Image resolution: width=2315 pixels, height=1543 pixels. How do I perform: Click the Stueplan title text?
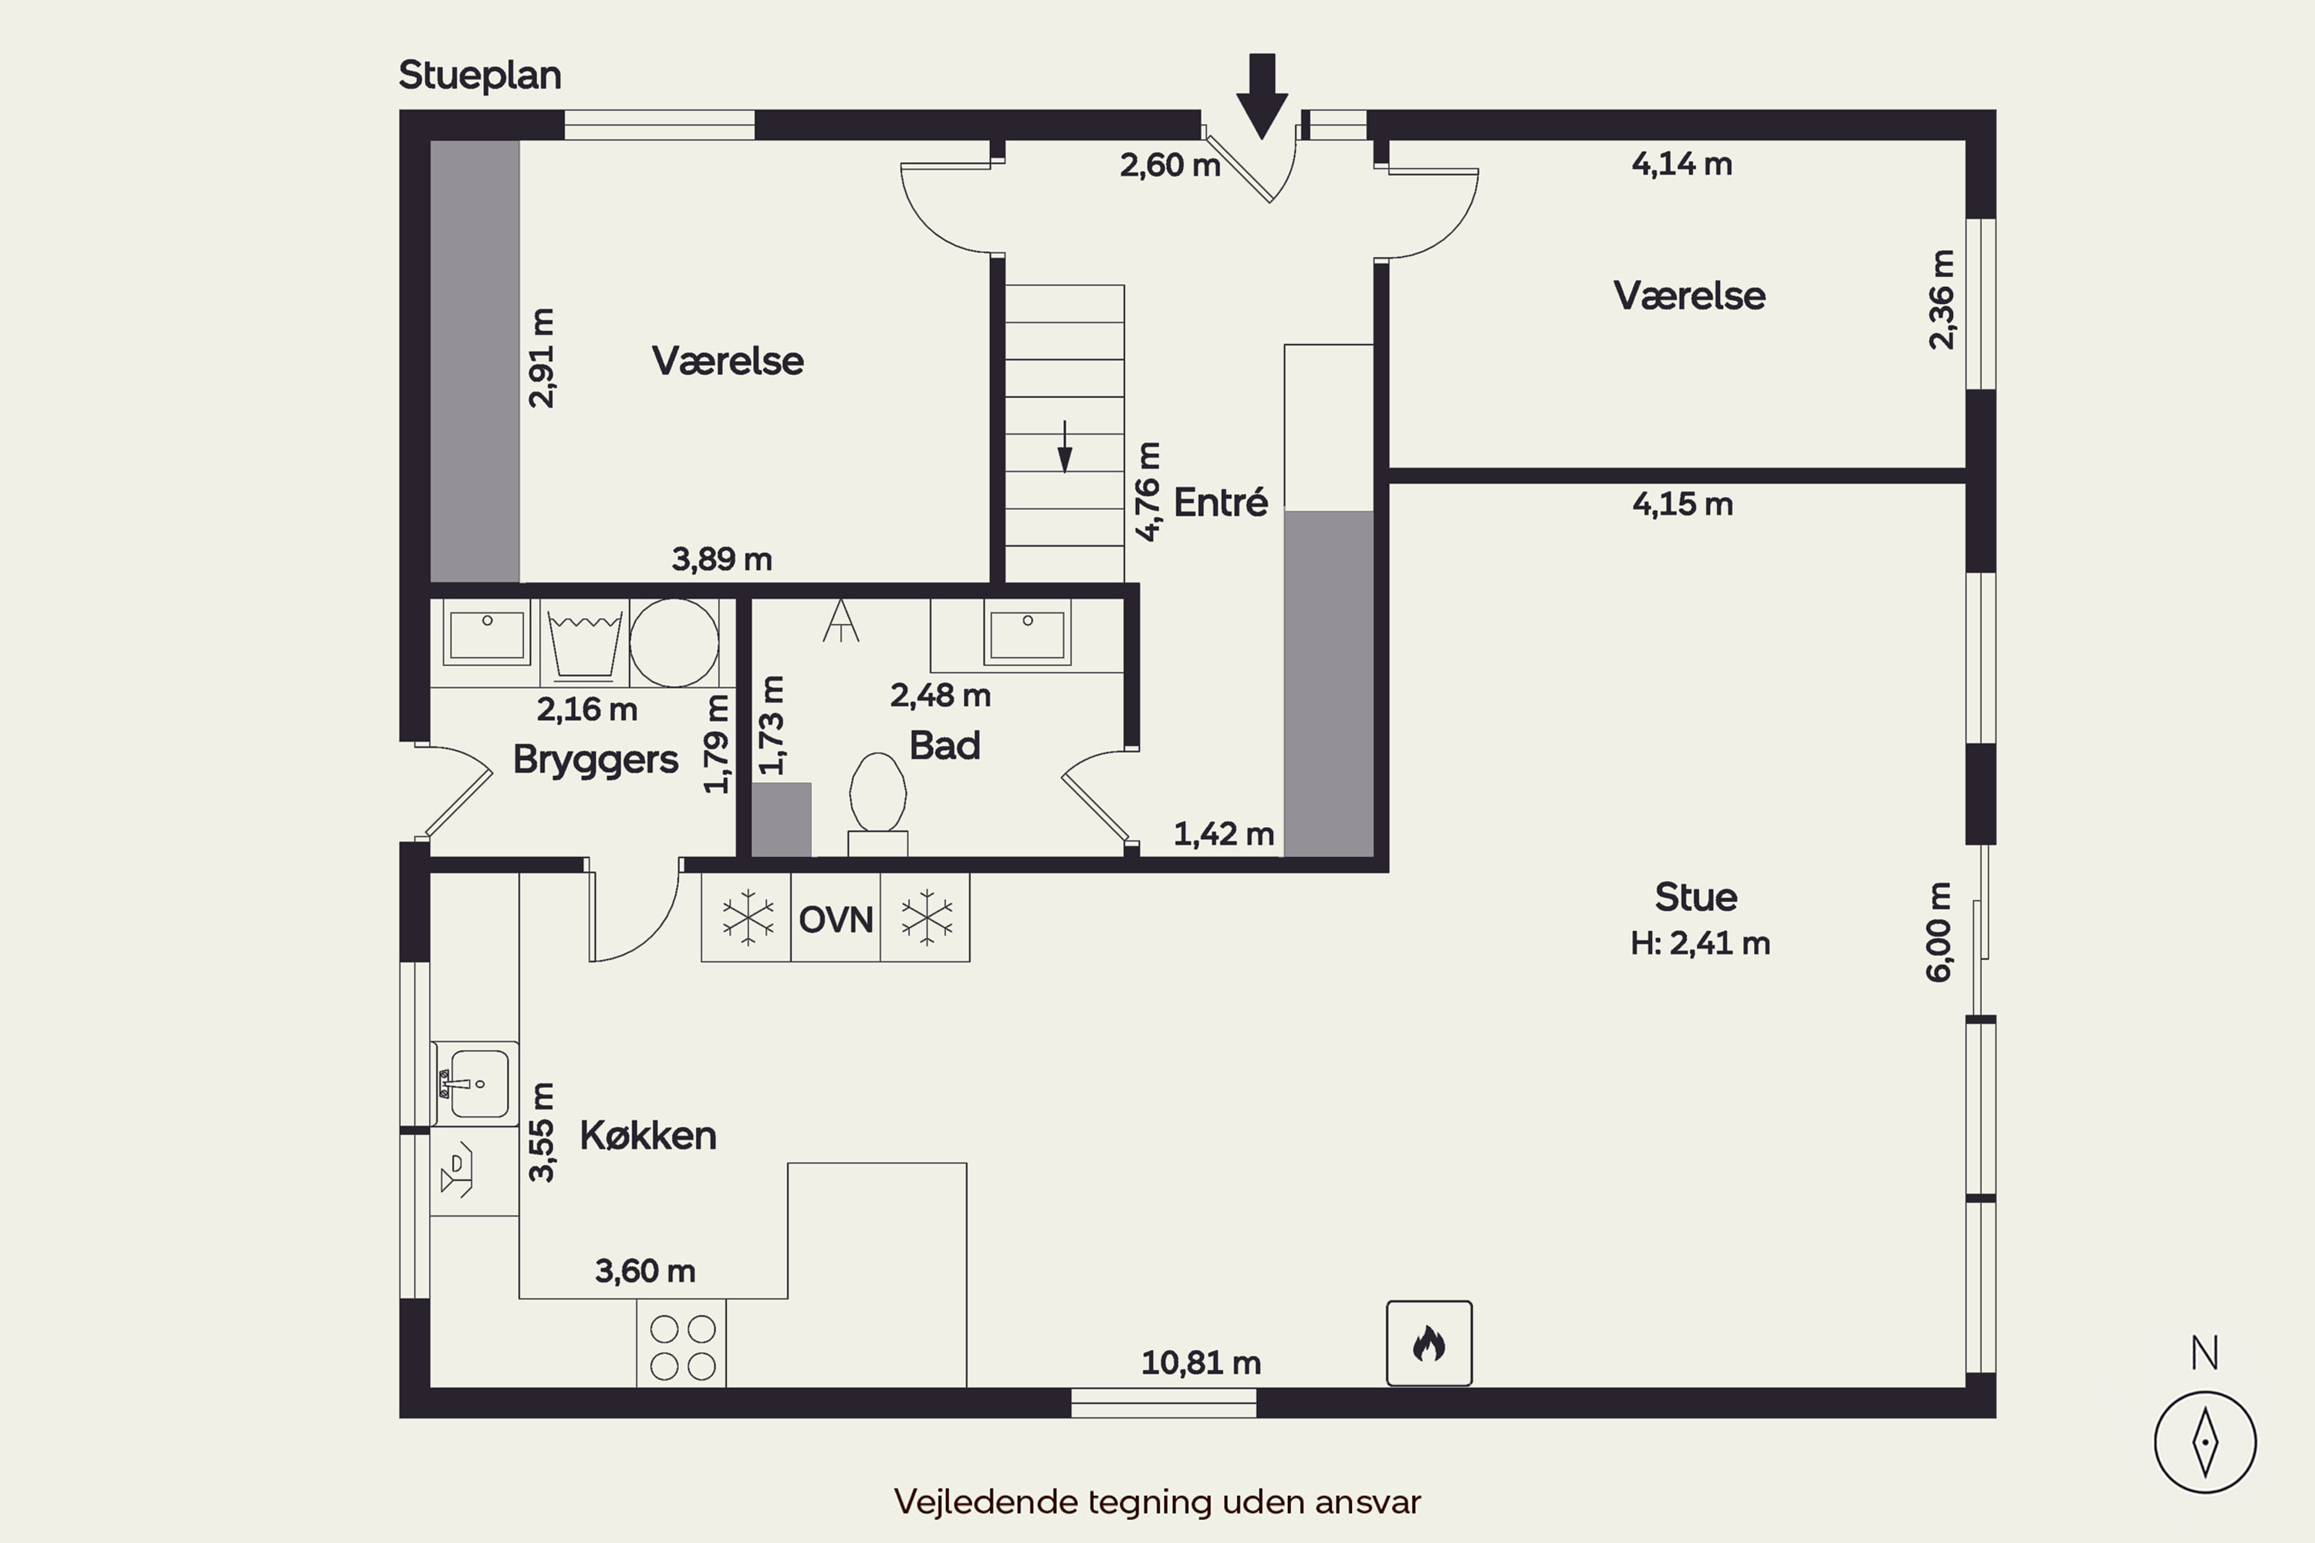coord(479,76)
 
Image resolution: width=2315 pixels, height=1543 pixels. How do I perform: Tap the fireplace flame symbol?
coord(1429,1343)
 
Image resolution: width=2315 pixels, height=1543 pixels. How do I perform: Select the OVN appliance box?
coord(836,918)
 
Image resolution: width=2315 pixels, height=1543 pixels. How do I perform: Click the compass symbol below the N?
coord(2205,1443)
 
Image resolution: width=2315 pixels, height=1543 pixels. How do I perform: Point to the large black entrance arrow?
coord(1262,96)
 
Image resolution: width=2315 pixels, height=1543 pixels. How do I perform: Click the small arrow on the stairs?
coord(1064,447)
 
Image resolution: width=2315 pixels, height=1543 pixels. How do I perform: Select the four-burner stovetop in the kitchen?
coord(681,1343)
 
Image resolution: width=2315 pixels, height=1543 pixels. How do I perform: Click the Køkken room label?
coord(647,1136)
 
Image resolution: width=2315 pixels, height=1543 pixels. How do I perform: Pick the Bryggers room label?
coord(596,760)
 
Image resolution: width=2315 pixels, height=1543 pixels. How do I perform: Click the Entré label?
coord(1221,502)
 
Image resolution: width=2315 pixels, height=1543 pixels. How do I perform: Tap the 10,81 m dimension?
coord(1201,1363)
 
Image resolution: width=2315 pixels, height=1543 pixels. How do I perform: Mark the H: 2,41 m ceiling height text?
coord(1700,944)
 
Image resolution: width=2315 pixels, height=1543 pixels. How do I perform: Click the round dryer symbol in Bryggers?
coord(674,643)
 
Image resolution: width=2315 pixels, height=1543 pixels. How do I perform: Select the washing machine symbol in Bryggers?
coord(585,643)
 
